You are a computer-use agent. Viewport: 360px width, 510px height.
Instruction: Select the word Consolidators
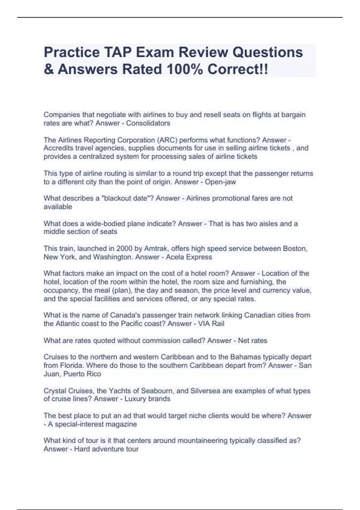click(148, 123)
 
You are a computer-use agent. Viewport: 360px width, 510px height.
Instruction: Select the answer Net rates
click(252, 340)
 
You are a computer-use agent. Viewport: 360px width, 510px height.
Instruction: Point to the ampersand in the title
click(48, 69)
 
